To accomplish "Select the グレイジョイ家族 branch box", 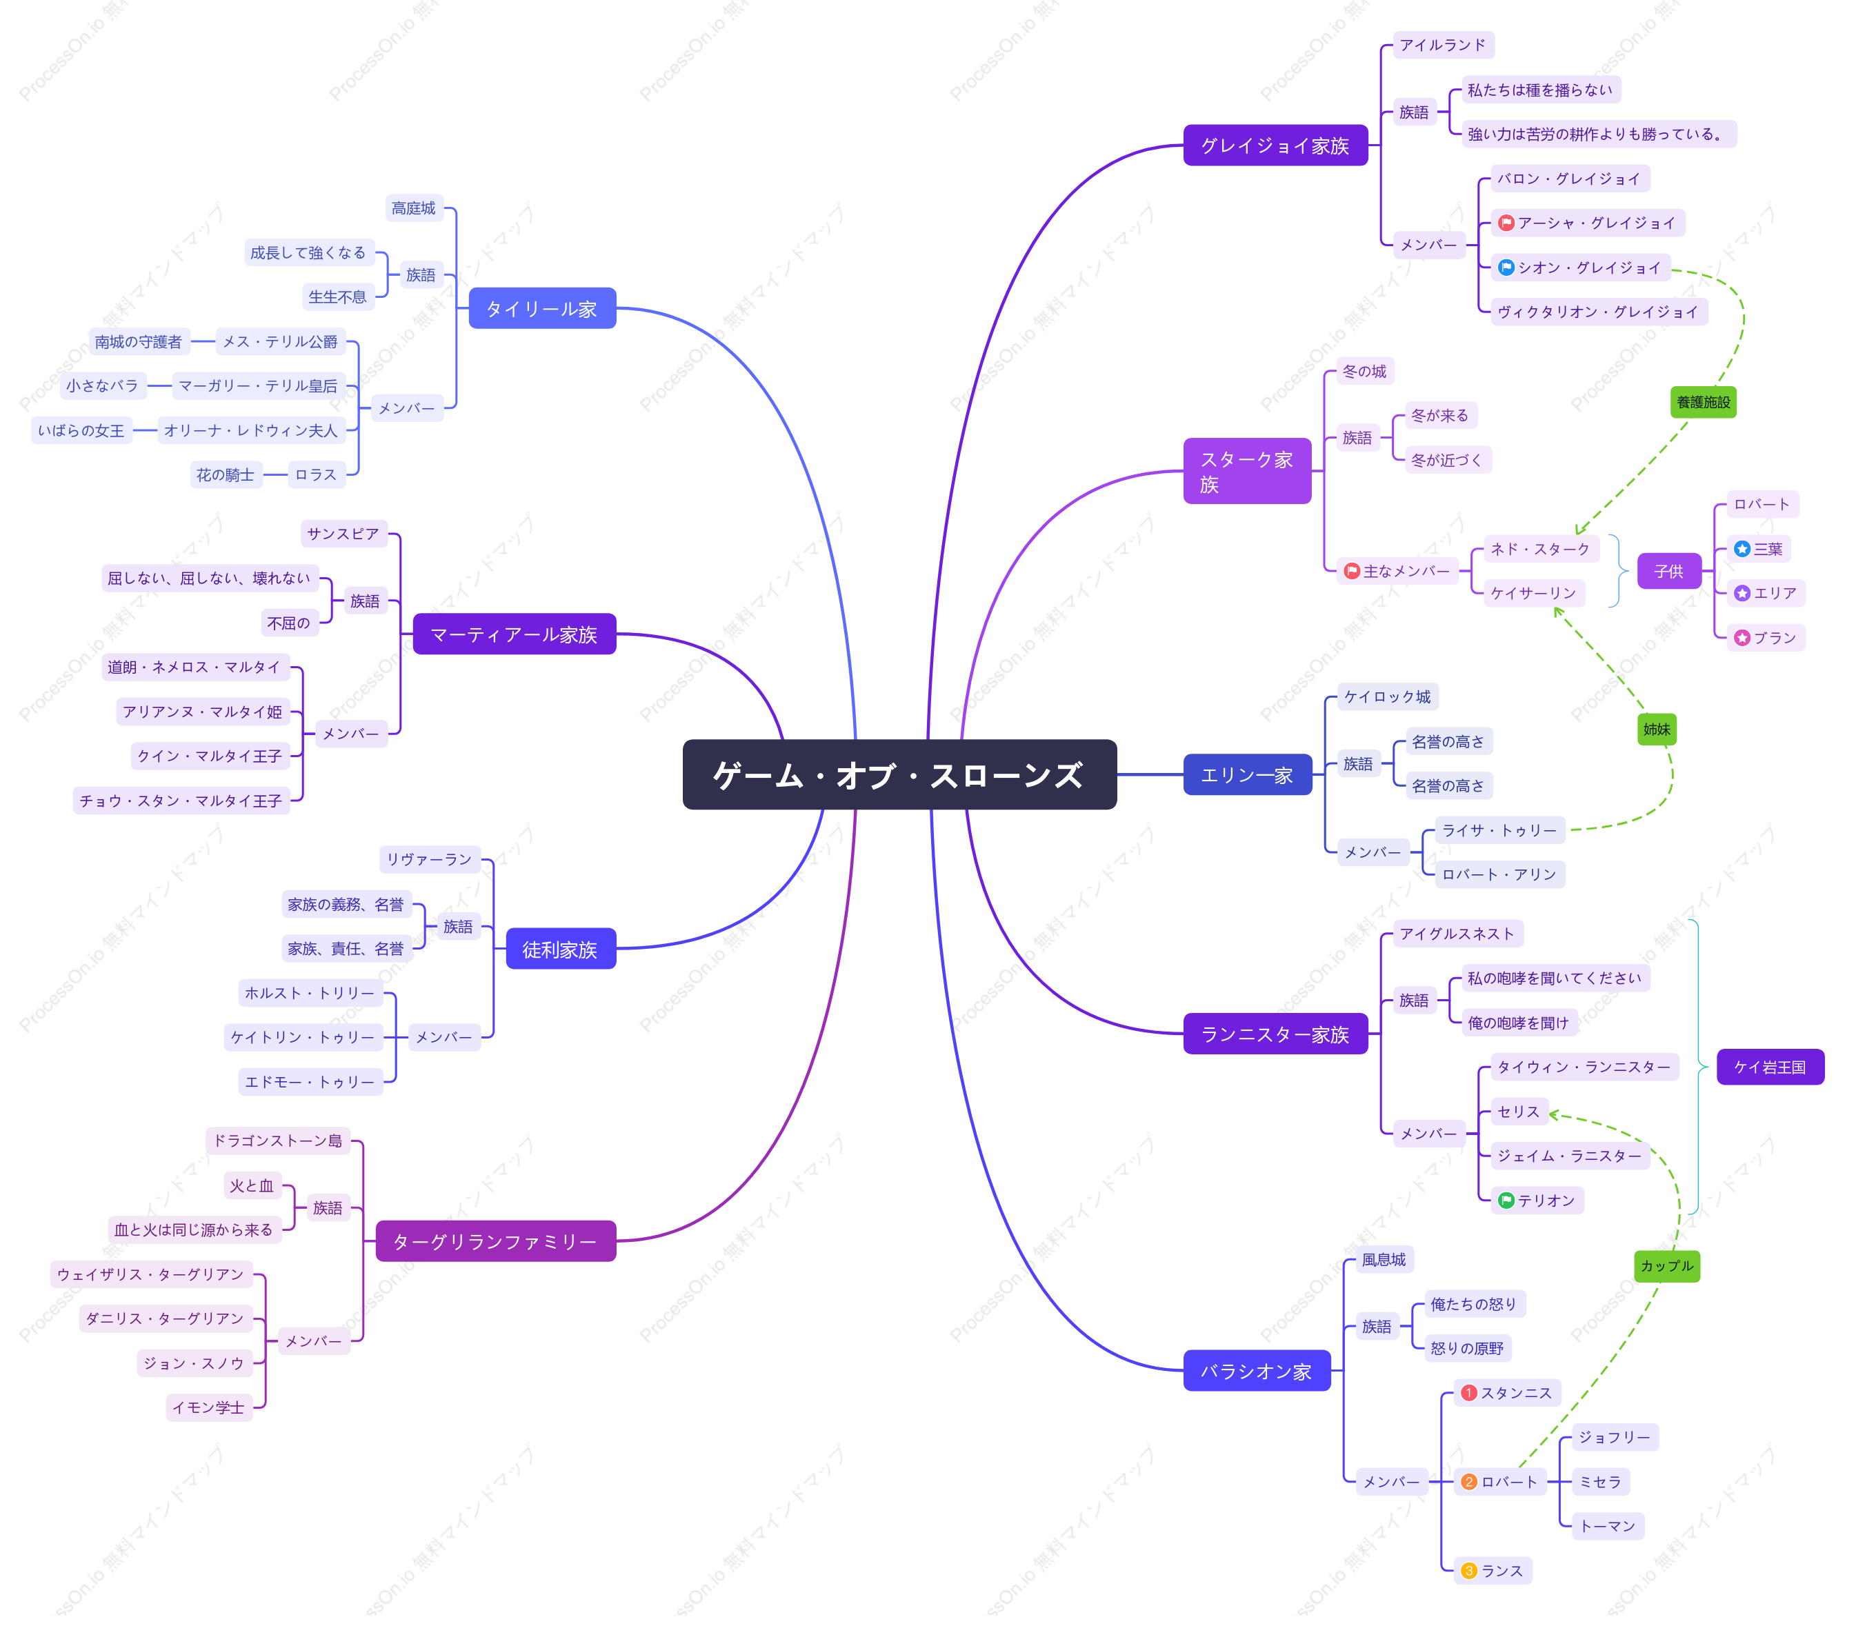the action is coord(1275,145).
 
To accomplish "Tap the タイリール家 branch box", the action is coord(542,308).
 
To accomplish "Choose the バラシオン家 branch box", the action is coord(1256,1370).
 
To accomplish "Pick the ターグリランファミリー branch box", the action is coord(495,1241).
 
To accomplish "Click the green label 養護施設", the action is coord(1703,402).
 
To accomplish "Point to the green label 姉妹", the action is coord(1657,729).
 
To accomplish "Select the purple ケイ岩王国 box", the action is coord(1770,1067).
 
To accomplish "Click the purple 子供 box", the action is coord(1669,572).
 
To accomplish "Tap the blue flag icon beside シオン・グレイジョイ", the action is coord(1506,268).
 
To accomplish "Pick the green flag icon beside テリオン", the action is coord(1506,1201).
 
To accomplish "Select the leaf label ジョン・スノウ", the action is coord(194,1363).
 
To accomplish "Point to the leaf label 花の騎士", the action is coord(226,474).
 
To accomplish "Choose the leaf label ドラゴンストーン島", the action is coord(278,1141).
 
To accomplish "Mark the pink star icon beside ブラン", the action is coord(1742,638).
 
